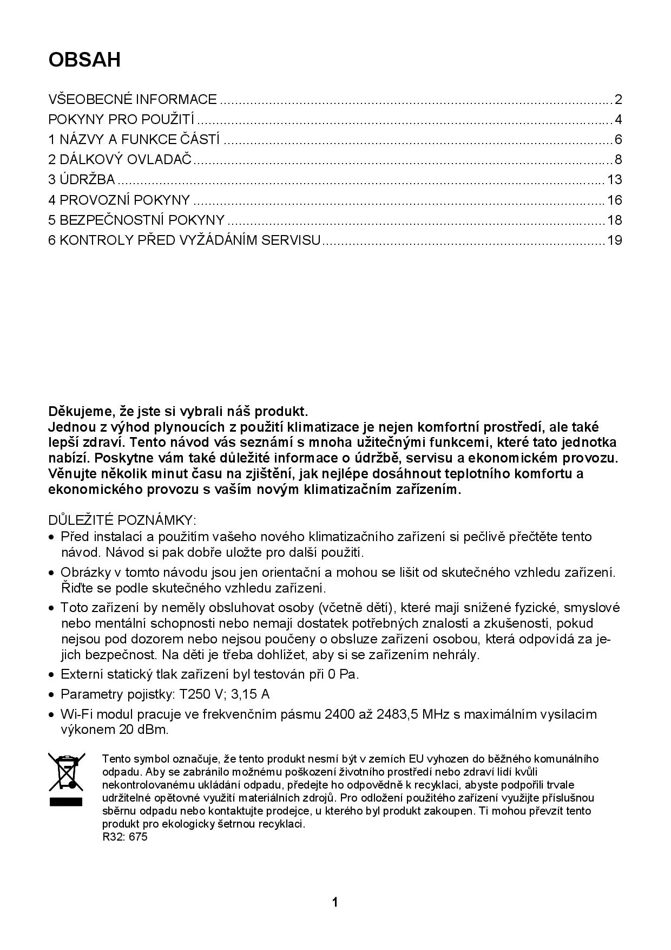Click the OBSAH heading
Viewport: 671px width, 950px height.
pyautogui.click(x=84, y=60)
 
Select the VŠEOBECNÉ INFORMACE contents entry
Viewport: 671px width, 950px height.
pyautogui.click(x=133, y=100)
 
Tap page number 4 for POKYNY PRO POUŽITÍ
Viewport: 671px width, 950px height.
pyautogui.click(x=618, y=120)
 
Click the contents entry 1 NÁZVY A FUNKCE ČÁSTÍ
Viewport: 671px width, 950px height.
pyautogui.click(x=134, y=140)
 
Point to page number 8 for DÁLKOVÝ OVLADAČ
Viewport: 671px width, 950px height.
pyautogui.click(x=618, y=160)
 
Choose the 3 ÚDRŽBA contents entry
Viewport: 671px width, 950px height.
pyautogui.click(x=82, y=180)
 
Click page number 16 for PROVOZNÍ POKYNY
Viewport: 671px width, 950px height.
pyautogui.click(x=614, y=200)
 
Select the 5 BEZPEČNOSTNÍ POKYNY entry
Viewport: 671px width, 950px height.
pyautogui.click(x=136, y=220)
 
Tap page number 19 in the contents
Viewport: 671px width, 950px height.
pyautogui.click(x=614, y=240)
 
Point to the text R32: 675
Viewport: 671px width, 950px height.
pyautogui.click(x=125, y=837)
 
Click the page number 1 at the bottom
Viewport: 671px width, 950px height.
pyautogui.click(x=335, y=902)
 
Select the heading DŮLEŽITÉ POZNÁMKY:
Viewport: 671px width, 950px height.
pyautogui.click(x=122, y=520)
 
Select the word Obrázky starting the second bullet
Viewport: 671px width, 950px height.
pyautogui.click(x=83, y=572)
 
